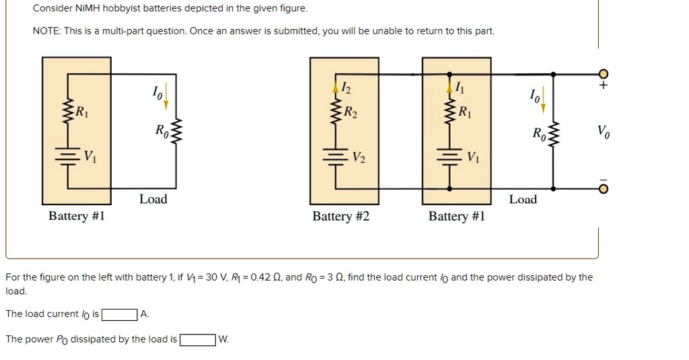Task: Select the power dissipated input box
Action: pos(196,340)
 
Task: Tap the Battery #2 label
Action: pos(340,217)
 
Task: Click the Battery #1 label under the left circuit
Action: pos(77,217)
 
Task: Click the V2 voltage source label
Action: pos(361,159)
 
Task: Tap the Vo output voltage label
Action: pos(604,132)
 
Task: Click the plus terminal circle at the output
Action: pos(603,73)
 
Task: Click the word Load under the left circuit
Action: pos(153,199)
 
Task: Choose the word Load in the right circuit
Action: pos(523,199)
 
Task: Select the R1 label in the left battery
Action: pos(81,112)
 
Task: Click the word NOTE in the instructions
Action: pos(45,32)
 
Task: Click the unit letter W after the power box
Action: pos(223,340)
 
